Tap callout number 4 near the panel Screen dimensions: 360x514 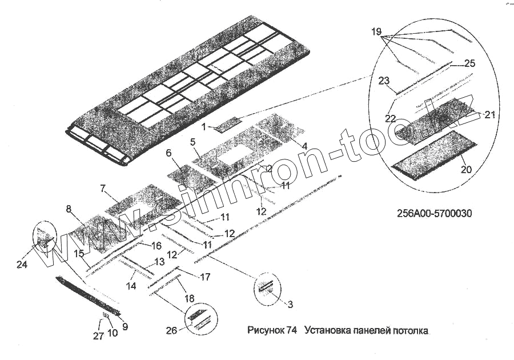(305, 146)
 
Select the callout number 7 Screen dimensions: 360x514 (103, 188)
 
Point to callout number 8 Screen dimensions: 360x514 (69, 209)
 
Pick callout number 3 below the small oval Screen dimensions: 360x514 (290, 305)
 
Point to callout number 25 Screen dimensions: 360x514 (469, 63)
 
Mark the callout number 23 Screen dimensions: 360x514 (383, 81)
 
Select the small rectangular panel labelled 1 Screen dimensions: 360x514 (230, 123)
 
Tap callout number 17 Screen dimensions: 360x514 (205, 277)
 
